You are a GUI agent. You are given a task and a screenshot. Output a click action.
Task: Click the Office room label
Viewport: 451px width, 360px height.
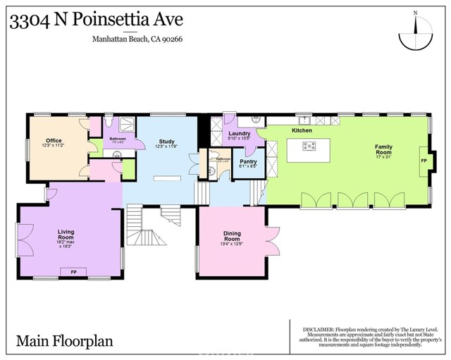(x=54, y=140)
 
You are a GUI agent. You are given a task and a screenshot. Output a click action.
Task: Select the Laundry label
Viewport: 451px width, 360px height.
(x=240, y=133)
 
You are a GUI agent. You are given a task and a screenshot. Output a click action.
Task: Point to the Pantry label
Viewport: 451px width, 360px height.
(x=248, y=161)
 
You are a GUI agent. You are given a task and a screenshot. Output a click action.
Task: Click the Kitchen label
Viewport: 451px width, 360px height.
(x=302, y=131)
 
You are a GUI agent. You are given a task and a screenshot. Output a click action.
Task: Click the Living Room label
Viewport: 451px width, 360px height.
(x=66, y=234)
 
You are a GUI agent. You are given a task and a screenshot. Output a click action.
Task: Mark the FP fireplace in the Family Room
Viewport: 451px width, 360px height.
(x=424, y=161)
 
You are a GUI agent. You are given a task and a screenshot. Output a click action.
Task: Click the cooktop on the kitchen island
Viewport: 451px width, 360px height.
(x=309, y=147)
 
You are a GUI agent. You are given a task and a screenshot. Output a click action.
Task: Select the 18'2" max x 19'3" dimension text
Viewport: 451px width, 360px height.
(x=66, y=244)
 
